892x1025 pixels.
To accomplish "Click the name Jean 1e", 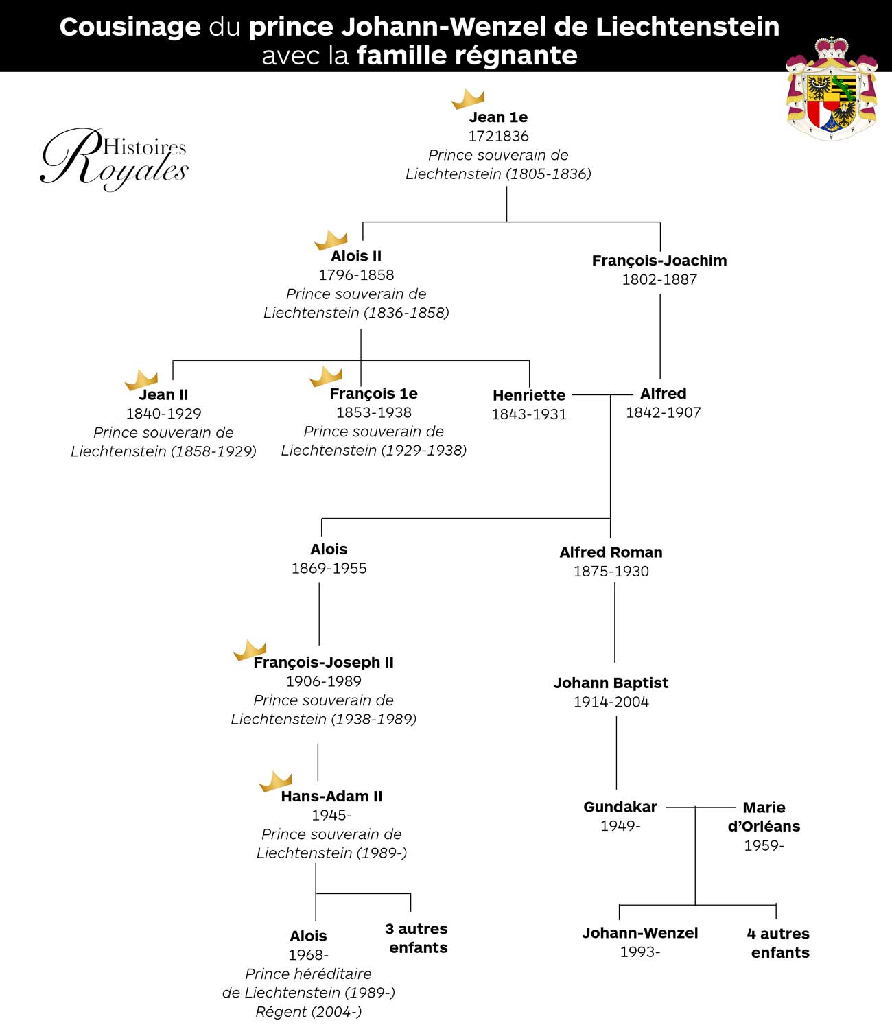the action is click(x=498, y=117).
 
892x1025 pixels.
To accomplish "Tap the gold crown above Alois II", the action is click(x=331, y=240).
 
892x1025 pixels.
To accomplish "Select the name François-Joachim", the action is click(x=659, y=261).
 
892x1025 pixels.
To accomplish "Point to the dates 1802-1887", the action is click(x=659, y=279).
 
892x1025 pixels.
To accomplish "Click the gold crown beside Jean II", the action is click(x=141, y=379).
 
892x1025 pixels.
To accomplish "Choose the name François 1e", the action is click(x=374, y=394).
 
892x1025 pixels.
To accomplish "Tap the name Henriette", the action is click(x=529, y=395).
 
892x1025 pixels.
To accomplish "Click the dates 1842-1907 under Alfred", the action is click(x=663, y=413).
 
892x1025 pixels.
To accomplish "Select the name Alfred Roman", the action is click(x=611, y=552).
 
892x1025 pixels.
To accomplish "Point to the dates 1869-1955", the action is click(x=329, y=568).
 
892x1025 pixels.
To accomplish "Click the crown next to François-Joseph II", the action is click(x=250, y=650).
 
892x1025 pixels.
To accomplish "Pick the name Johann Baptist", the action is click(x=611, y=683).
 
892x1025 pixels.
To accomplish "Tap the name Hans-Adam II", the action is click(x=331, y=797).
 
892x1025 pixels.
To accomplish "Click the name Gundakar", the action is click(x=620, y=807).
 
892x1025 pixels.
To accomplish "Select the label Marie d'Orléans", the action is click(x=764, y=817).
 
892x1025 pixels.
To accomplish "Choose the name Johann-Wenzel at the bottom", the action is click(x=639, y=933).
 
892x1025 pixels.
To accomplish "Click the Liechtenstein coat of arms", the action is click(x=832, y=89).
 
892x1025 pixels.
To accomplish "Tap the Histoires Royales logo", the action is click(x=114, y=159).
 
